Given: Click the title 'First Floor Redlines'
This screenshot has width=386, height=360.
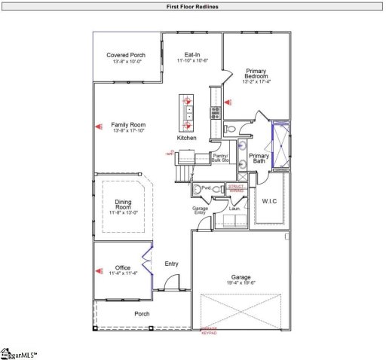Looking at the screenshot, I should (193, 6).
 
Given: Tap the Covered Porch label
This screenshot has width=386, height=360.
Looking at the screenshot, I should (126, 55).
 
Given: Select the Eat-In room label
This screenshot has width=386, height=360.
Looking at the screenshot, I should (192, 55).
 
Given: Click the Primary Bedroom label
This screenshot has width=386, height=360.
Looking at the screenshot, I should (256, 75).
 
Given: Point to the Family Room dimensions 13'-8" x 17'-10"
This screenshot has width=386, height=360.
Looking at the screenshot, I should (127, 132).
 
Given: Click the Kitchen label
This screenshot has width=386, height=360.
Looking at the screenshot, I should (187, 139).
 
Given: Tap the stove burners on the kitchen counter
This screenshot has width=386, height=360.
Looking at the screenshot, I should (214, 113).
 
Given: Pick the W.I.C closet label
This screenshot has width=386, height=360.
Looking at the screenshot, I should (271, 201).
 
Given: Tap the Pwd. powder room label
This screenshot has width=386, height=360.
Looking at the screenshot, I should (205, 188).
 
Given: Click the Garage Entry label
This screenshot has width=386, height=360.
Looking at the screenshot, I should (200, 210).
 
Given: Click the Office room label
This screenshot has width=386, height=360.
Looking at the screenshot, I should (123, 267).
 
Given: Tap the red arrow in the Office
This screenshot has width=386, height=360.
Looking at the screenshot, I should (97, 268).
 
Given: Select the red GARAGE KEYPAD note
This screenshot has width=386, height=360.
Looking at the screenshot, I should (209, 331).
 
